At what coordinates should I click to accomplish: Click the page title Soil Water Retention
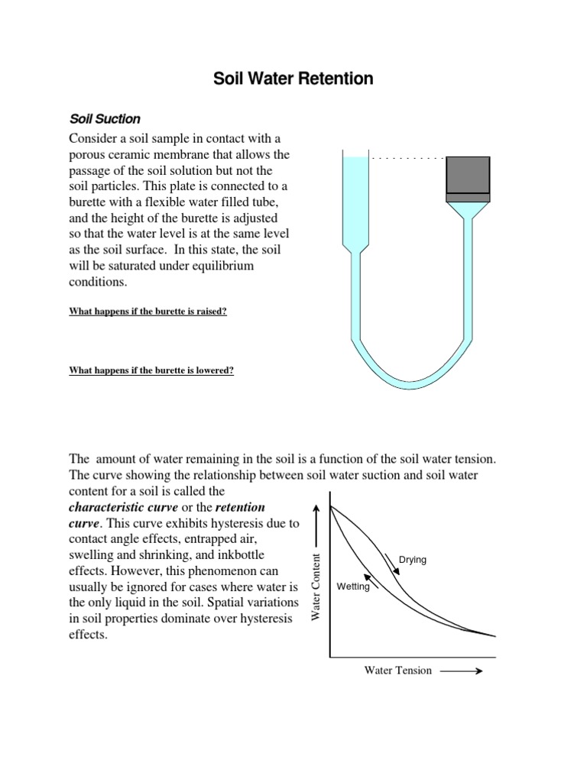click(293, 79)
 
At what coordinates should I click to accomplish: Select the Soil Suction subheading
click(105, 119)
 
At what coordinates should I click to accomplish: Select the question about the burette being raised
click(148, 312)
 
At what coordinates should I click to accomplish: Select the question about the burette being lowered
click(151, 371)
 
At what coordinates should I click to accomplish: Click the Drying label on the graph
click(412, 560)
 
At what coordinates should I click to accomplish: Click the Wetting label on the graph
click(352, 586)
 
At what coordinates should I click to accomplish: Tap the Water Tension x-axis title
click(397, 671)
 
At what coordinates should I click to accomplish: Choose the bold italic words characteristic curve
click(135, 508)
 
